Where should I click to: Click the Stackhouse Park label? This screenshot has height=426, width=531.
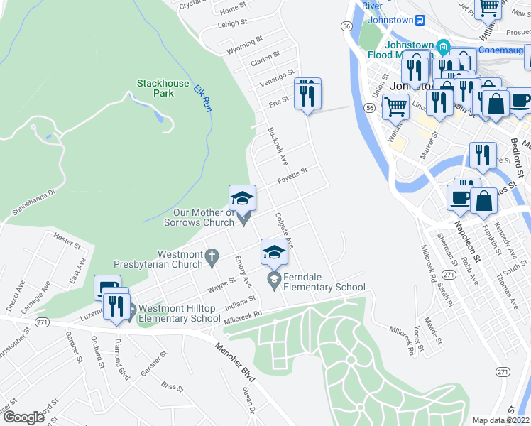163,88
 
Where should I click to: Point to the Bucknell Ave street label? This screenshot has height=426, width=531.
277,146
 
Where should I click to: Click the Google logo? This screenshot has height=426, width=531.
23,417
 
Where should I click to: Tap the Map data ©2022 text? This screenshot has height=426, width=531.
500,420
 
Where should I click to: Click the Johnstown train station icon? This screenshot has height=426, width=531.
420,20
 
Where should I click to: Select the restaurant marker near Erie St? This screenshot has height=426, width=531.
307,93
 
